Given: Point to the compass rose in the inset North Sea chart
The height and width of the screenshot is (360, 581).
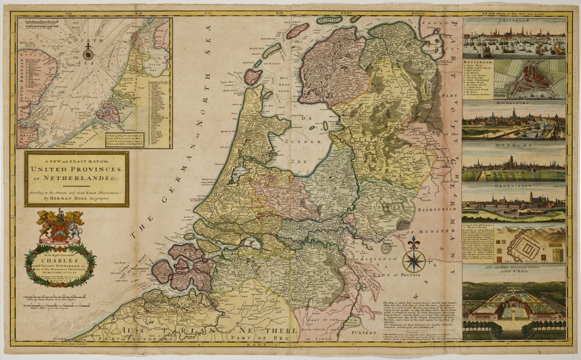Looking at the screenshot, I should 88,55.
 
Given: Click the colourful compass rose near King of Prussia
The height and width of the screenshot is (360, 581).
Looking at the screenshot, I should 414,259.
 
